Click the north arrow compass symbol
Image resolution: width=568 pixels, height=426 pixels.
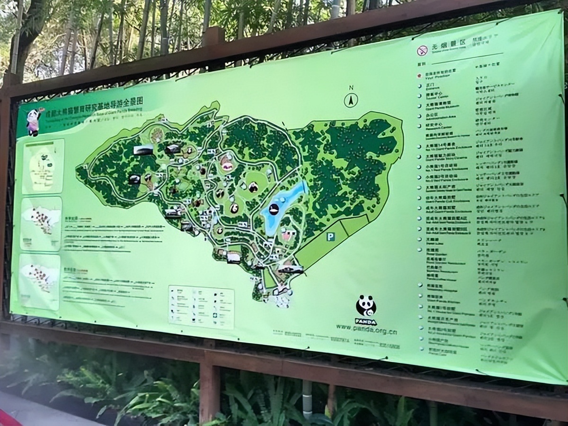(351, 100)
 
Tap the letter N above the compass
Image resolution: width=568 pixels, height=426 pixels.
(351, 88)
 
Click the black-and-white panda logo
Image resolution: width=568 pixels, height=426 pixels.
(366, 306)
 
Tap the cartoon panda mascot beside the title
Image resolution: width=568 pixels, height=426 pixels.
(34, 121)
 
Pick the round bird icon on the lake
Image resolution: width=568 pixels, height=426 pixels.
(274, 209)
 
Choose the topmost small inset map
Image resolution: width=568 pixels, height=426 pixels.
(43, 166)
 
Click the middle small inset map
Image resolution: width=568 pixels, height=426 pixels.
(41, 223)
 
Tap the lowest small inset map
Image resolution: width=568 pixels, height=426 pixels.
(40, 281)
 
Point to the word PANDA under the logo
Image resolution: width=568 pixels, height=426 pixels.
(365, 321)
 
